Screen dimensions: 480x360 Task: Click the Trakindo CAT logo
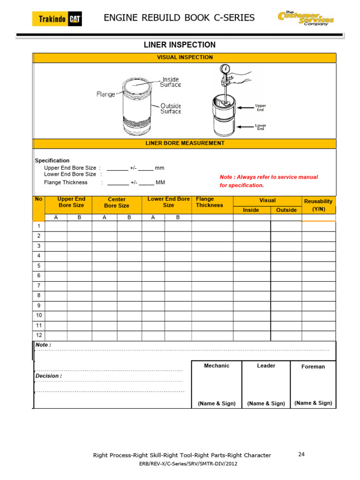pyautogui.click(x=57, y=19)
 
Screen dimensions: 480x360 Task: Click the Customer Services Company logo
pyautogui.click(x=306, y=19)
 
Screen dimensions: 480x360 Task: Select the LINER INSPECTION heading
pyautogui.click(x=179, y=45)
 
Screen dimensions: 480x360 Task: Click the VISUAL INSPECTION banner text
pyautogui.click(x=184, y=57)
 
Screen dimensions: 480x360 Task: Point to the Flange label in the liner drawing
pyautogui.click(x=106, y=94)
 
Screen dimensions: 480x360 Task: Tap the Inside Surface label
pyautogui.click(x=171, y=82)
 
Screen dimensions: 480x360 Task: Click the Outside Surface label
pyautogui.click(x=171, y=108)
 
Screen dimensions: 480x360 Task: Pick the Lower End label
pyautogui.click(x=260, y=127)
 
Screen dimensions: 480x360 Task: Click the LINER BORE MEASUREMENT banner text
pyautogui.click(x=185, y=143)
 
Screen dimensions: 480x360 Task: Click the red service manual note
pyautogui.click(x=269, y=181)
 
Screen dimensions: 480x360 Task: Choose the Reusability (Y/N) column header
pyautogui.click(x=318, y=205)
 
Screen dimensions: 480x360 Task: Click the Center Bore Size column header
pyautogui.click(x=116, y=202)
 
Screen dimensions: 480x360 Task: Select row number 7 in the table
pyautogui.click(x=39, y=285)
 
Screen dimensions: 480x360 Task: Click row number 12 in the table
pyautogui.click(x=39, y=335)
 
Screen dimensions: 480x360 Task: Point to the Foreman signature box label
pyautogui.click(x=313, y=367)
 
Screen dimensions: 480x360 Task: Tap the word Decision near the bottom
pyautogui.click(x=48, y=376)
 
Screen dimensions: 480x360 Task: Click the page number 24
pyautogui.click(x=302, y=454)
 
